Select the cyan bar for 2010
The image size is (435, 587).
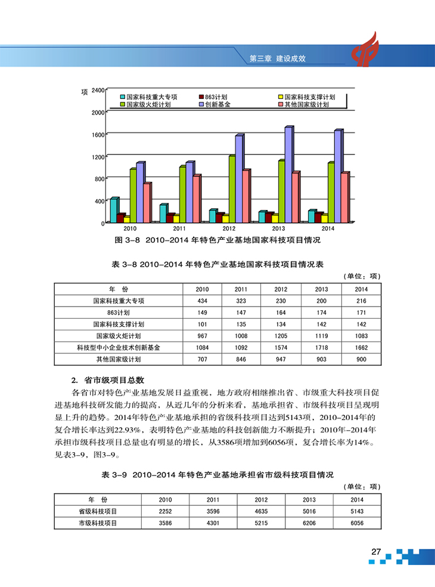coord(114,210)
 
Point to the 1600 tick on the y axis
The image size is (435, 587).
coord(98,134)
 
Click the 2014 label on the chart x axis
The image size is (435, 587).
coord(328,228)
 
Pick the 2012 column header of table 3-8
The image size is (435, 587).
coord(281,289)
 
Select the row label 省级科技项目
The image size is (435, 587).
coord(98,511)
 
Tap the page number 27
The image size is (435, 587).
coord(375,552)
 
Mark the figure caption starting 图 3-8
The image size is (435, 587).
coord(217,240)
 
